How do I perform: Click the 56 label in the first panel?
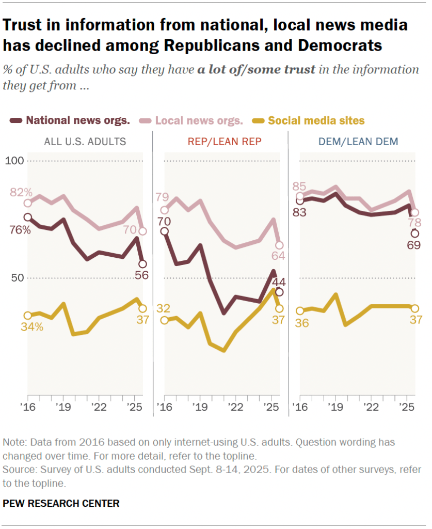click(141, 275)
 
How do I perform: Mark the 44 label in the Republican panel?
click(279, 282)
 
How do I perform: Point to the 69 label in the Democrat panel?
click(415, 244)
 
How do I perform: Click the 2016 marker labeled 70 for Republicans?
click(164, 231)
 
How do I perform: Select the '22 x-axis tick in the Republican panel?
click(235, 407)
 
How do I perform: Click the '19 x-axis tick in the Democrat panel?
click(335, 407)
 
